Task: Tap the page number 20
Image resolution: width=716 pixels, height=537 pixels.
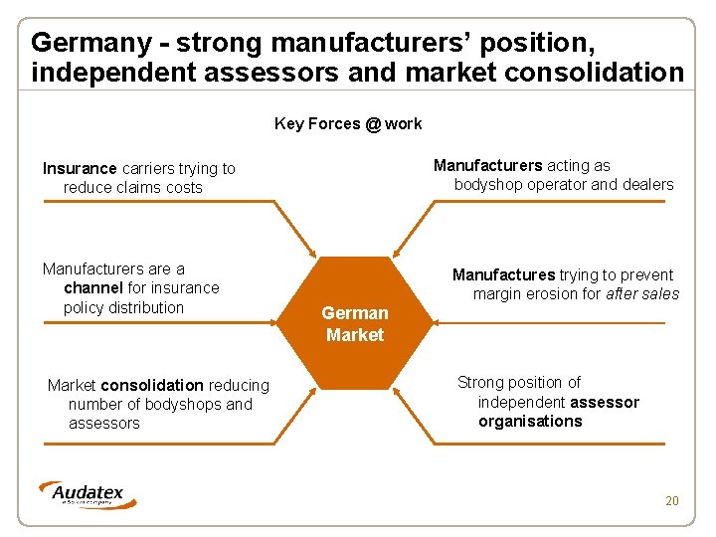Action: tap(672, 500)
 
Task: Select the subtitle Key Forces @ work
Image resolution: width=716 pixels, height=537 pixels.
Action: tap(348, 124)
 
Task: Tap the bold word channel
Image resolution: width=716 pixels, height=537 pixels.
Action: tap(92, 288)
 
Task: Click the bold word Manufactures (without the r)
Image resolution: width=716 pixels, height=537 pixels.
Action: tap(503, 275)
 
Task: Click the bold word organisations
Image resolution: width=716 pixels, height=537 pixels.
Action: tap(530, 422)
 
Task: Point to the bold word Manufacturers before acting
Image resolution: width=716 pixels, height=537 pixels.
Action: tap(487, 166)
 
